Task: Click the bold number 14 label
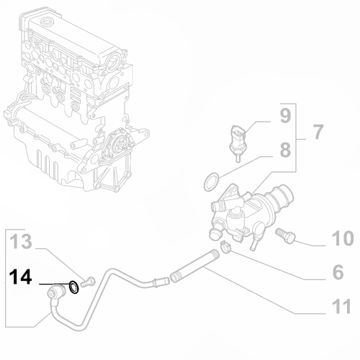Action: (21, 278)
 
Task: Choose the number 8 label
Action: (285, 151)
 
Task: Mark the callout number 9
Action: (285, 115)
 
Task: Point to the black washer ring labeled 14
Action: (74, 287)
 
